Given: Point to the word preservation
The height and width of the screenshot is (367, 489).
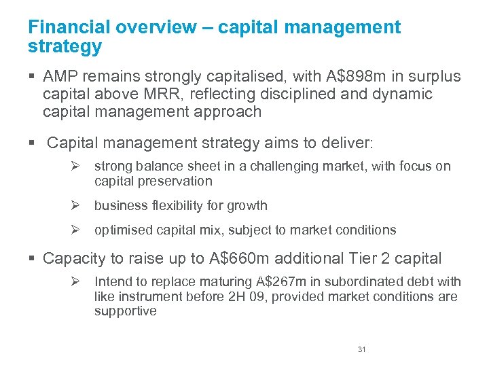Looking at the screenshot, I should (175, 181).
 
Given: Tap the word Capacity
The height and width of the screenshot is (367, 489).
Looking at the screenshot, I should (75, 258).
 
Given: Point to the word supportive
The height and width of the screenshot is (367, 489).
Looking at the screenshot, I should (126, 311).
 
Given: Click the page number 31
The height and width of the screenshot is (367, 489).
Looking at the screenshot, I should (361, 349).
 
